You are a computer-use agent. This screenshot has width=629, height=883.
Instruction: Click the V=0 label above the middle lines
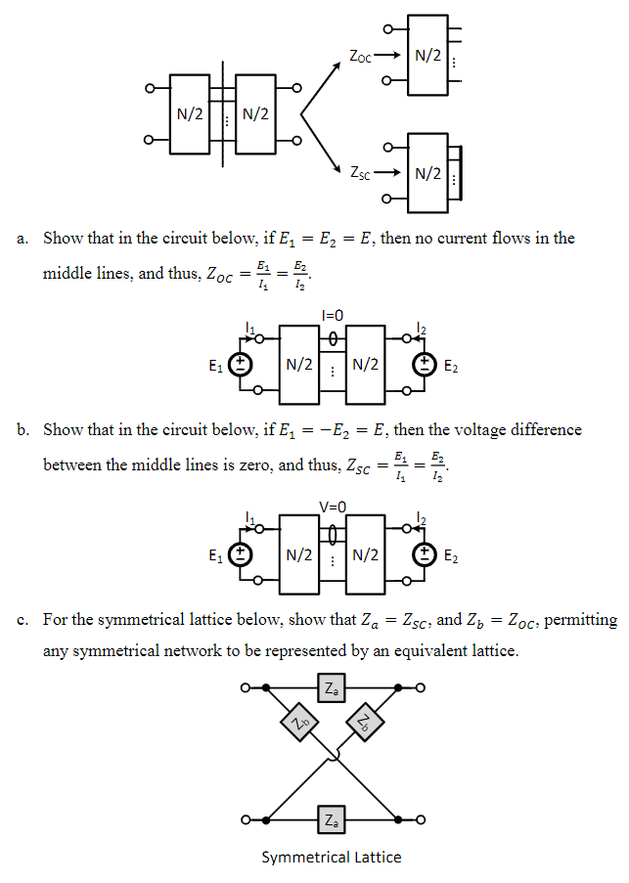(x=333, y=507)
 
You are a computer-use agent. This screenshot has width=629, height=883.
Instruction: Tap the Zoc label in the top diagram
(x=361, y=57)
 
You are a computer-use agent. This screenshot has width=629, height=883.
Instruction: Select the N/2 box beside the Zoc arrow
(x=427, y=56)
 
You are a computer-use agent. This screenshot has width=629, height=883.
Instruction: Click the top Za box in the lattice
(x=333, y=689)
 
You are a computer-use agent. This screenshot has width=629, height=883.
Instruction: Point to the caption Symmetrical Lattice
(x=332, y=858)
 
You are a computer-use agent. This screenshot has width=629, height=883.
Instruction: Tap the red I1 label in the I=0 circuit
(x=251, y=330)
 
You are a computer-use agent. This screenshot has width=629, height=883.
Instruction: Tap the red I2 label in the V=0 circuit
(x=422, y=518)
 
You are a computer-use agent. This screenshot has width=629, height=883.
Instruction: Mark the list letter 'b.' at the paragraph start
(x=22, y=430)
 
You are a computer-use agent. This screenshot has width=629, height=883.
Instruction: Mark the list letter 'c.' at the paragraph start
(x=22, y=621)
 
